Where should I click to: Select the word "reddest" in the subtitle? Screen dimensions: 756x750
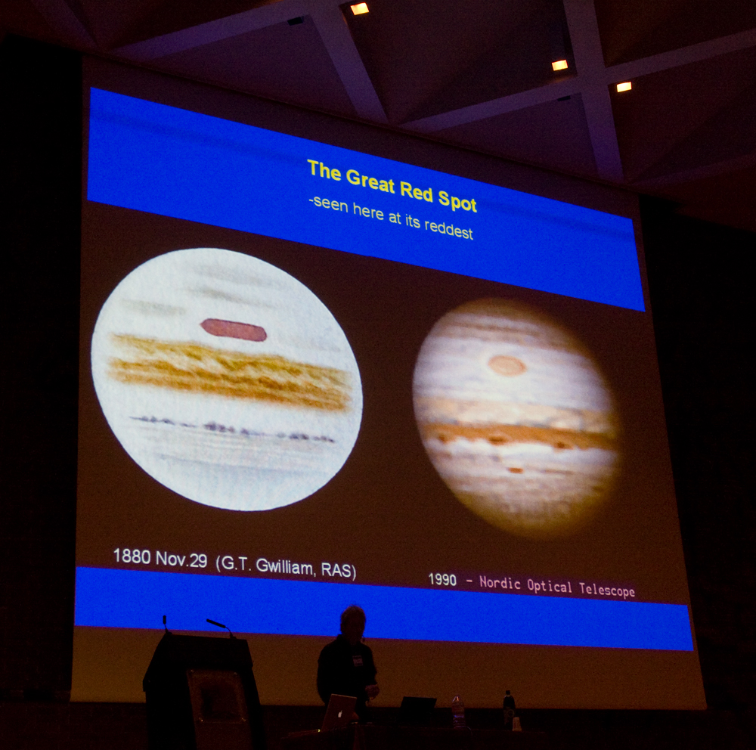tap(448, 230)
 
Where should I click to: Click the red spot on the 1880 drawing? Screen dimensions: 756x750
tap(234, 330)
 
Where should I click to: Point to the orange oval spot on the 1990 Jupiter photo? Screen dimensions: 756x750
tap(507, 365)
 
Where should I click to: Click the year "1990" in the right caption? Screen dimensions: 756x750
tap(442, 579)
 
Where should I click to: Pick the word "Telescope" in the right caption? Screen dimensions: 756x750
tap(606, 590)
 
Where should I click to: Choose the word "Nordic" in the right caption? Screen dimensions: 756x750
tap(500, 583)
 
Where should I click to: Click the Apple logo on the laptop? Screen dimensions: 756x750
tap(340, 713)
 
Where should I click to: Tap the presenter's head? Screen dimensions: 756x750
tap(352, 621)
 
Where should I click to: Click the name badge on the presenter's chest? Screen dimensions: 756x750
tap(358, 660)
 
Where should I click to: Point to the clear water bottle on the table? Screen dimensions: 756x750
tap(457, 711)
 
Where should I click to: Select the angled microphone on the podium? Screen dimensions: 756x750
tap(219, 627)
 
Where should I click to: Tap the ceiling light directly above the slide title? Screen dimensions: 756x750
tap(359, 8)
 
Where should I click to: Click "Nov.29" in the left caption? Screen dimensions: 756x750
tap(181, 559)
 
